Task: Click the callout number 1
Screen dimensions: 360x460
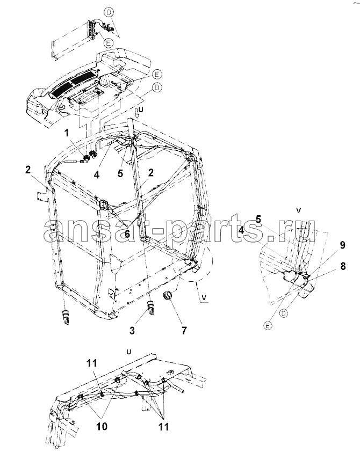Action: tap(67, 133)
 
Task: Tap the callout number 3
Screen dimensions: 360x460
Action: tap(132, 331)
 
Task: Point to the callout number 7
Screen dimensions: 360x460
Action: tap(184, 331)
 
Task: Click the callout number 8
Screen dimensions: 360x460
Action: tap(342, 266)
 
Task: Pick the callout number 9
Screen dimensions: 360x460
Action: tap(342, 245)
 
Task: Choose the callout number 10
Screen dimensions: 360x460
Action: tap(102, 426)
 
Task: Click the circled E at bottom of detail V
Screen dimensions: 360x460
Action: tap(268, 325)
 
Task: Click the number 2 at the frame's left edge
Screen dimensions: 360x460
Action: tap(28, 170)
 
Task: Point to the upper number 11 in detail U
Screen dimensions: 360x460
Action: tap(91, 363)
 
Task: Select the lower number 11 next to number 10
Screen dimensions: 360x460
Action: tap(163, 426)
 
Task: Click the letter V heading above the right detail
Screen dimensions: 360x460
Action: tap(299, 210)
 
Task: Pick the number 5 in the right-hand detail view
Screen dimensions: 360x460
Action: tap(258, 219)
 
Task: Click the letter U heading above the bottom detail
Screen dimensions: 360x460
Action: tap(128, 352)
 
